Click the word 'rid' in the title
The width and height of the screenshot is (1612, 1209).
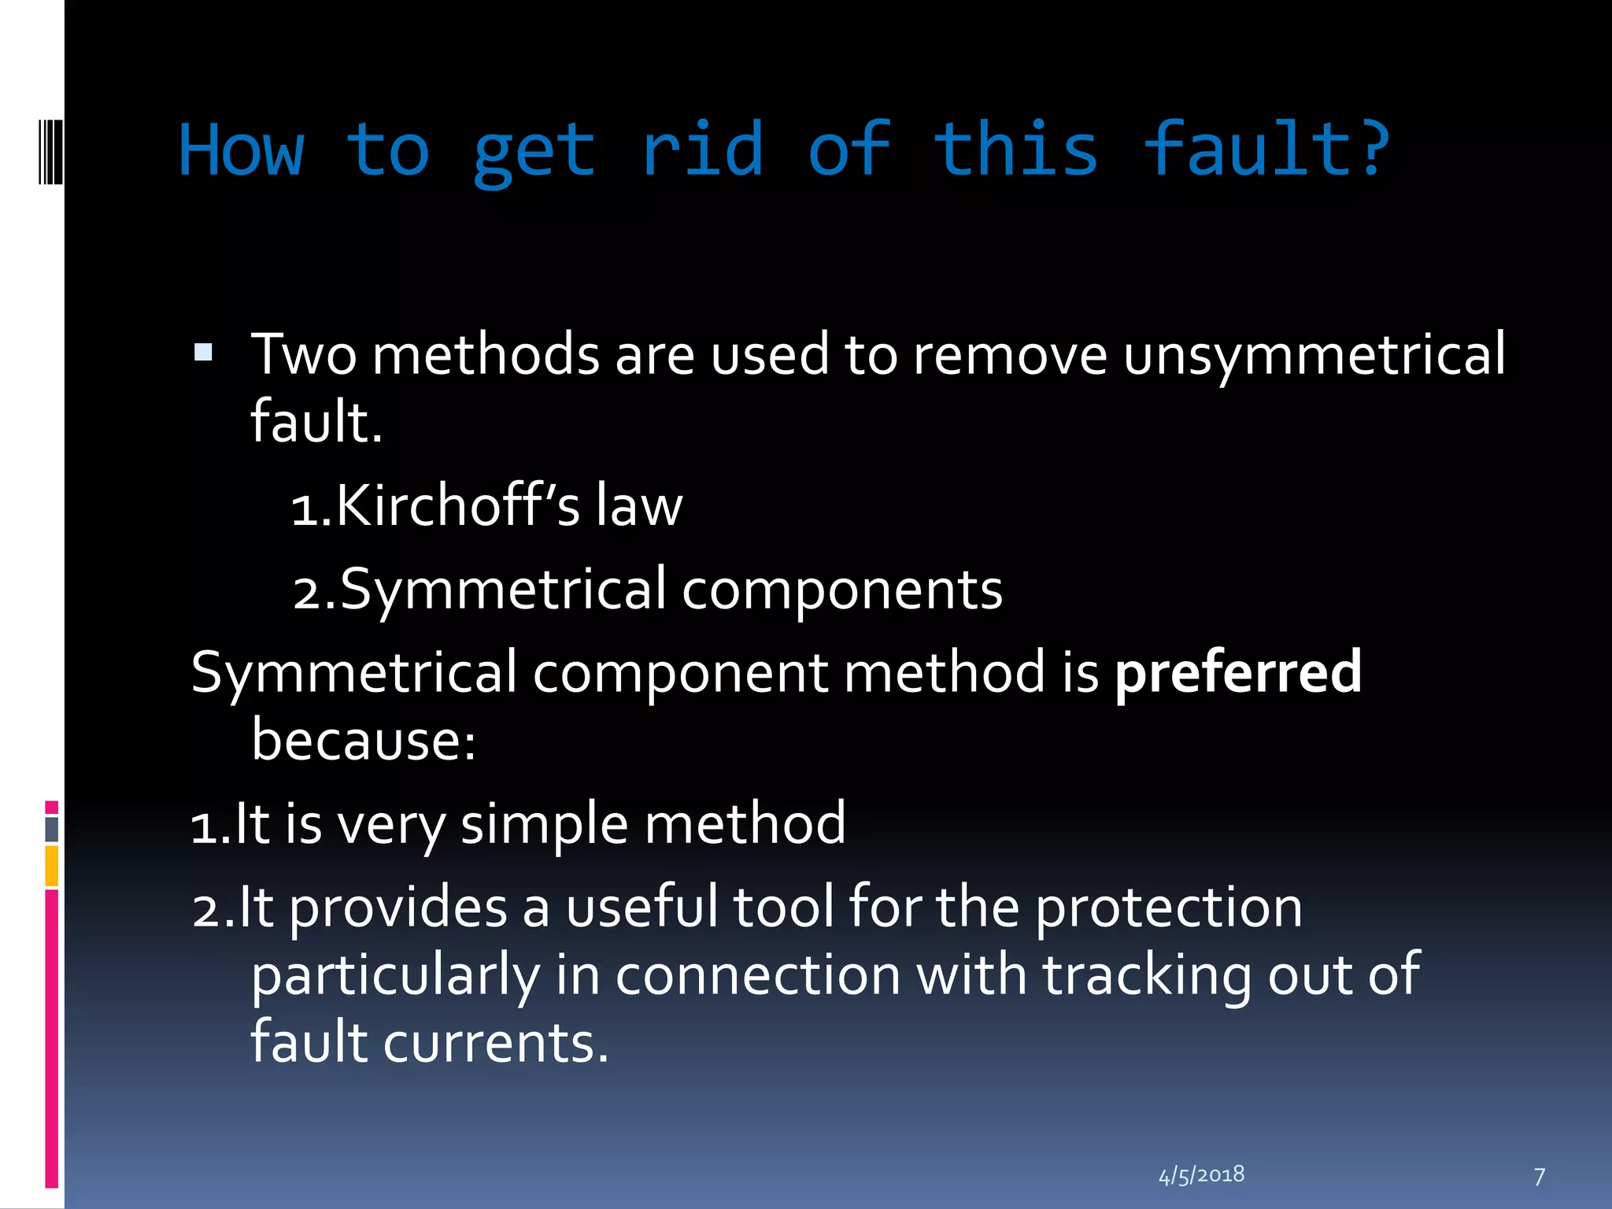(x=702, y=150)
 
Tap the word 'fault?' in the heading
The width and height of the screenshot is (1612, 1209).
(x=1266, y=150)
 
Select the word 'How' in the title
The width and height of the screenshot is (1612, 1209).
(x=242, y=150)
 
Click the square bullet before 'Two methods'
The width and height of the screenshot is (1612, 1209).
(x=203, y=352)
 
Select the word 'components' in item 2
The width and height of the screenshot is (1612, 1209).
(x=842, y=590)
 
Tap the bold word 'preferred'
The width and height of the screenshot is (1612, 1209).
(x=1238, y=674)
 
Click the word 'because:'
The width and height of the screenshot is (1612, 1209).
(x=364, y=741)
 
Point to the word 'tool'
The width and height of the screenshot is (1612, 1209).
(x=782, y=908)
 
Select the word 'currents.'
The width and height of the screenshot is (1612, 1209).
(x=496, y=1043)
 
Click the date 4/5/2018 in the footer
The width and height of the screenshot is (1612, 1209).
(x=1201, y=1175)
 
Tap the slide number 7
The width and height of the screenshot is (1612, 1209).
(x=1540, y=1177)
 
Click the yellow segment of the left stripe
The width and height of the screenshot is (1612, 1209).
(x=52, y=866)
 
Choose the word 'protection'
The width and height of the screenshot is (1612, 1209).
(x=1168, y=908)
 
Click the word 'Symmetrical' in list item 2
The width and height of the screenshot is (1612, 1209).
(x=504, y=590)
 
